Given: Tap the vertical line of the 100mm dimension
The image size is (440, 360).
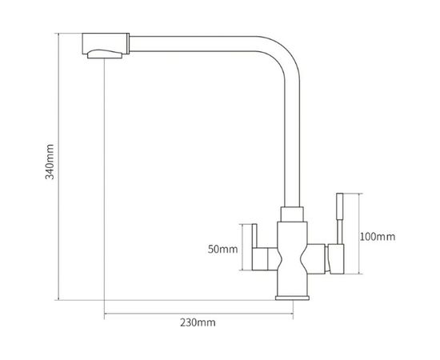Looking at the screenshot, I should click(x=358, y=236).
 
